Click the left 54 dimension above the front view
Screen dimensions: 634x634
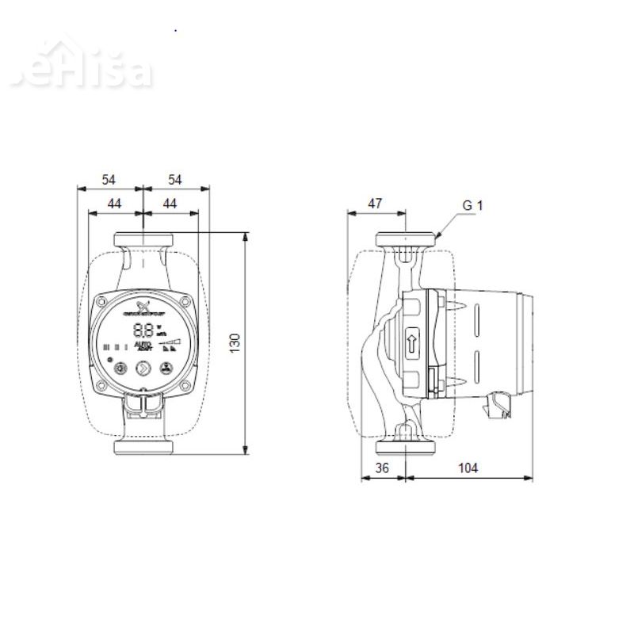(109, 180)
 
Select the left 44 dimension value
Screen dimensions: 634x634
(115, 204)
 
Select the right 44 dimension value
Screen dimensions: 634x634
(169, 204)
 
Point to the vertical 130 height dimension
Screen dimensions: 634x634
(235, 342)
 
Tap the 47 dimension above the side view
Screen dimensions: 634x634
(376, 204)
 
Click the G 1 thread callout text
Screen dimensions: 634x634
(472, 205)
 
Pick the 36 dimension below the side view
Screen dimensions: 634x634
(382, 468)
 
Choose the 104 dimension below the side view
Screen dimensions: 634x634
(468, 468)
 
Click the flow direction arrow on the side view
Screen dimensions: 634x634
(412, 344)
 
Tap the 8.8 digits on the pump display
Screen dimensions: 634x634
(143, 330)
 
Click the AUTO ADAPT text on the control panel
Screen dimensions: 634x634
(143, 346)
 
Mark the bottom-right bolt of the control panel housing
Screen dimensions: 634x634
(184, 385)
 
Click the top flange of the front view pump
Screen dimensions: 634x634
(143, 239)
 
